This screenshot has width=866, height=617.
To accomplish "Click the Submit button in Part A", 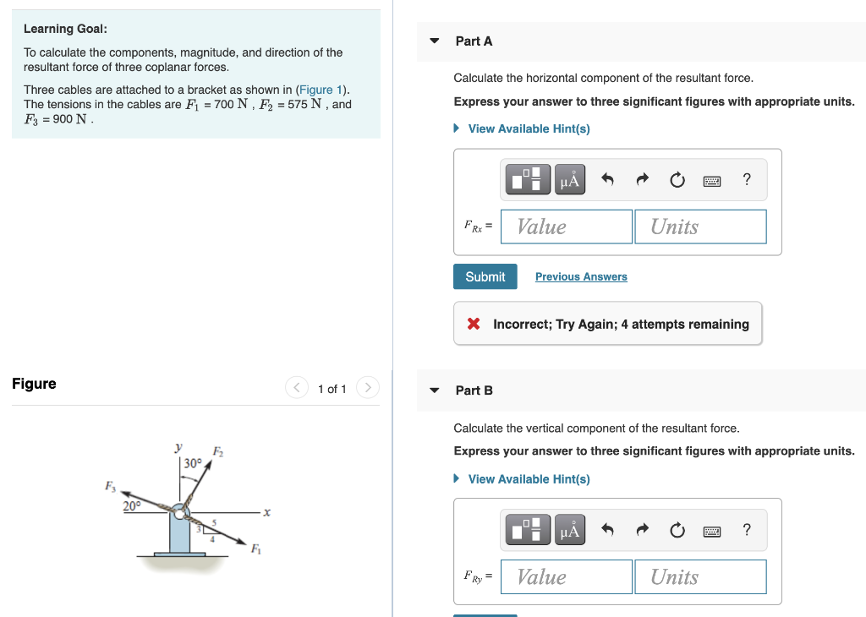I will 485,276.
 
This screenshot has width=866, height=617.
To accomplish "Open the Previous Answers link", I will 581,276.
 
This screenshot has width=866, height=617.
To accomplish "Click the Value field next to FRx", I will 567,227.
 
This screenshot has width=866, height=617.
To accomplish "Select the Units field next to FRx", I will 700,227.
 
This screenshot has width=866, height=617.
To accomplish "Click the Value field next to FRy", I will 567,576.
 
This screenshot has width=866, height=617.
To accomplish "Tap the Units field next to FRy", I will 700,576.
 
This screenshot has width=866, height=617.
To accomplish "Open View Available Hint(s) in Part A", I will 529,128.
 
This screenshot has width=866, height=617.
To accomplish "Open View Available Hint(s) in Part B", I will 529,479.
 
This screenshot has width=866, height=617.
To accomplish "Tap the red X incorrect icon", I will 474,325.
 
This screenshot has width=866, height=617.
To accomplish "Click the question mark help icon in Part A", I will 746,179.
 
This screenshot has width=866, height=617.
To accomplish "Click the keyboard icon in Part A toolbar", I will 711,180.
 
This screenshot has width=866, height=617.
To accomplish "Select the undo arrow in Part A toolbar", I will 606,179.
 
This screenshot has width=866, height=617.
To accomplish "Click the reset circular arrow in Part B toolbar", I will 677,530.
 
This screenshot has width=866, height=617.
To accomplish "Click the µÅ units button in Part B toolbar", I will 571,530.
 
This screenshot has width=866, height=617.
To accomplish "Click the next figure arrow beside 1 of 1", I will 367,388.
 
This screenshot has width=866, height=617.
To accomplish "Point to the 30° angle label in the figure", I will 193,463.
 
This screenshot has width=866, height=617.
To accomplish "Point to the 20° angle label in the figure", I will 132,505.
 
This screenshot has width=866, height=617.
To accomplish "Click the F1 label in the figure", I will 255,550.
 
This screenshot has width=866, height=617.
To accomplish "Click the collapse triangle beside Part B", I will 435,390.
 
